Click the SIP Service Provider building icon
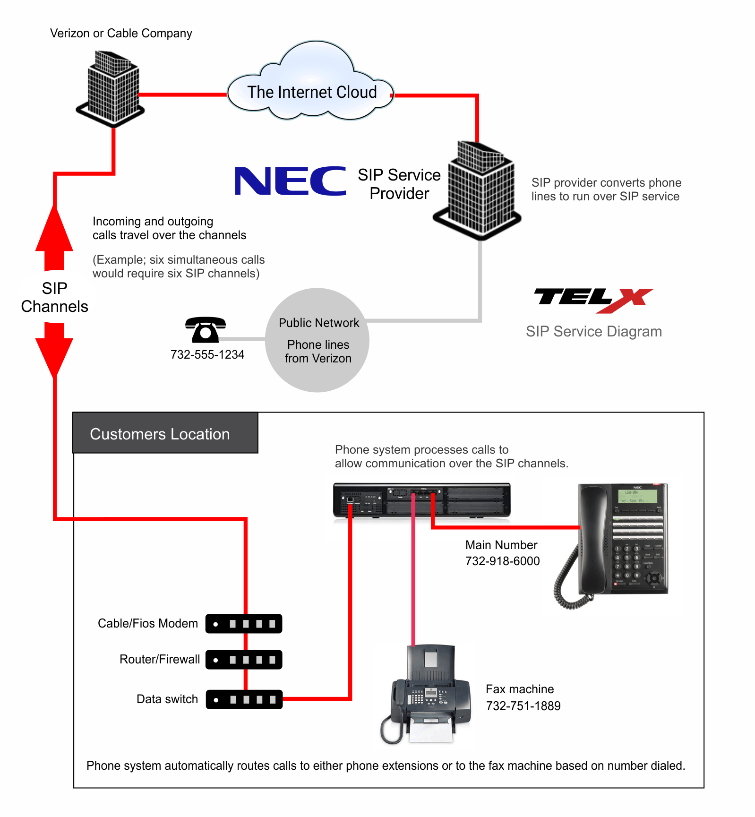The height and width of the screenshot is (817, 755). pyautogui.click(x=478, y=189)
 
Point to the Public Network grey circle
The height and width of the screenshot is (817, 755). pyautogui.click(x=317, y=340)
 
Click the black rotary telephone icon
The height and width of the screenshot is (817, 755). pyautogui.click(x=206, y=329)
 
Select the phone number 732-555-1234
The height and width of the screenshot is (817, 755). pyautogui.click(x=207, y=355)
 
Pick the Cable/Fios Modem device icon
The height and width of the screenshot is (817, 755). pyautogui.click(x=244, y=624)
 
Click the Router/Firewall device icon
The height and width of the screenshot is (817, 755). pyautogui.click(x=244, y=660)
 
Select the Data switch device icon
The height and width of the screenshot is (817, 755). pyautogui.click(x=244, y=699)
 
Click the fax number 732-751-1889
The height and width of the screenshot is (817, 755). pyautogui.click(x=523, y=706)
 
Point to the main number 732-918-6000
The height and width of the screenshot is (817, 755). pyautogui.click(x=502, y=561)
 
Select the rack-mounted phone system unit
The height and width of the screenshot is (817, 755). pyautogui.click(x=421, y=500)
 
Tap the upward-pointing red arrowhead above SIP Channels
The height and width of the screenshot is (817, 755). pyautogui.click(x=54, y=232)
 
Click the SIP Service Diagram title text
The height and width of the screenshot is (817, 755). pyautogui.click(x=593, y=332)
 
